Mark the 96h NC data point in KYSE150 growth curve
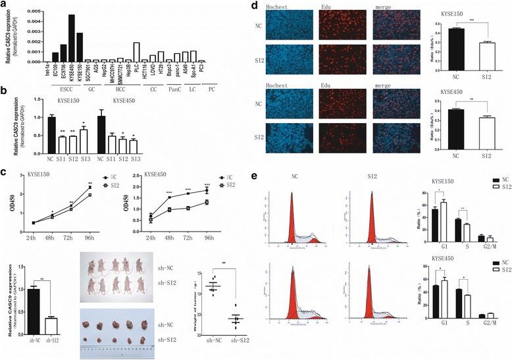90,188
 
